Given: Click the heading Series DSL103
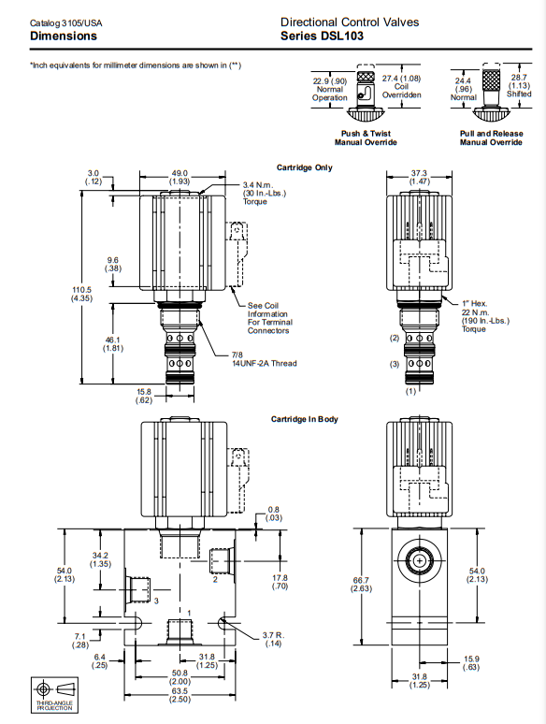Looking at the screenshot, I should [322, 36].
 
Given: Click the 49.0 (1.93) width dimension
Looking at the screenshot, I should [180, 177].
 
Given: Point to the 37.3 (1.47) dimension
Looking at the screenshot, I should [419, 177].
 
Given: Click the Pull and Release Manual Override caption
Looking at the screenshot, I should [491, 138].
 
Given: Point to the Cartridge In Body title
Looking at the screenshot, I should [304, 418].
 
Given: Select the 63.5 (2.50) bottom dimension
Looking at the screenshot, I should [180, 695].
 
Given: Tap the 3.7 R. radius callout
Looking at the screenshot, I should [273, 641].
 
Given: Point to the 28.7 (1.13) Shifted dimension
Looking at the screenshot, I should [519, 86].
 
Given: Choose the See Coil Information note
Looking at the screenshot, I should [268, 317].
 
